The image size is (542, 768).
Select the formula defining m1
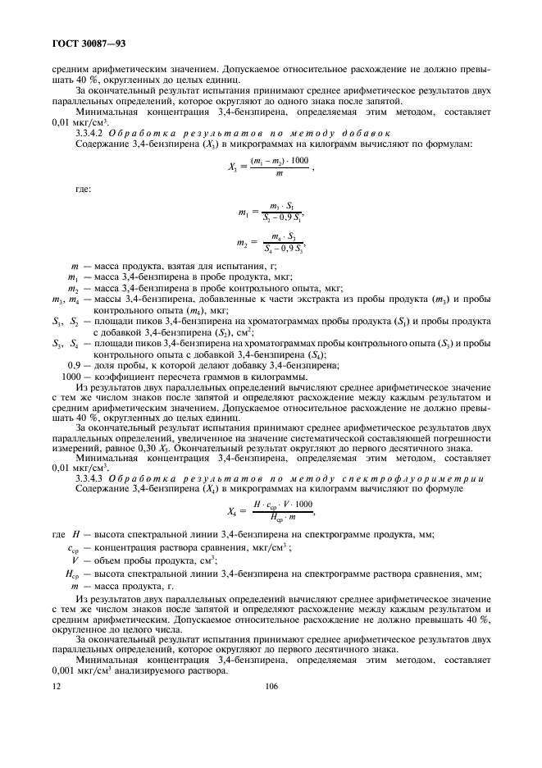pyautogui.click(x=271, y=213)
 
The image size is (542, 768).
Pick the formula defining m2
pyautogui.click(x=271, y=245)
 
